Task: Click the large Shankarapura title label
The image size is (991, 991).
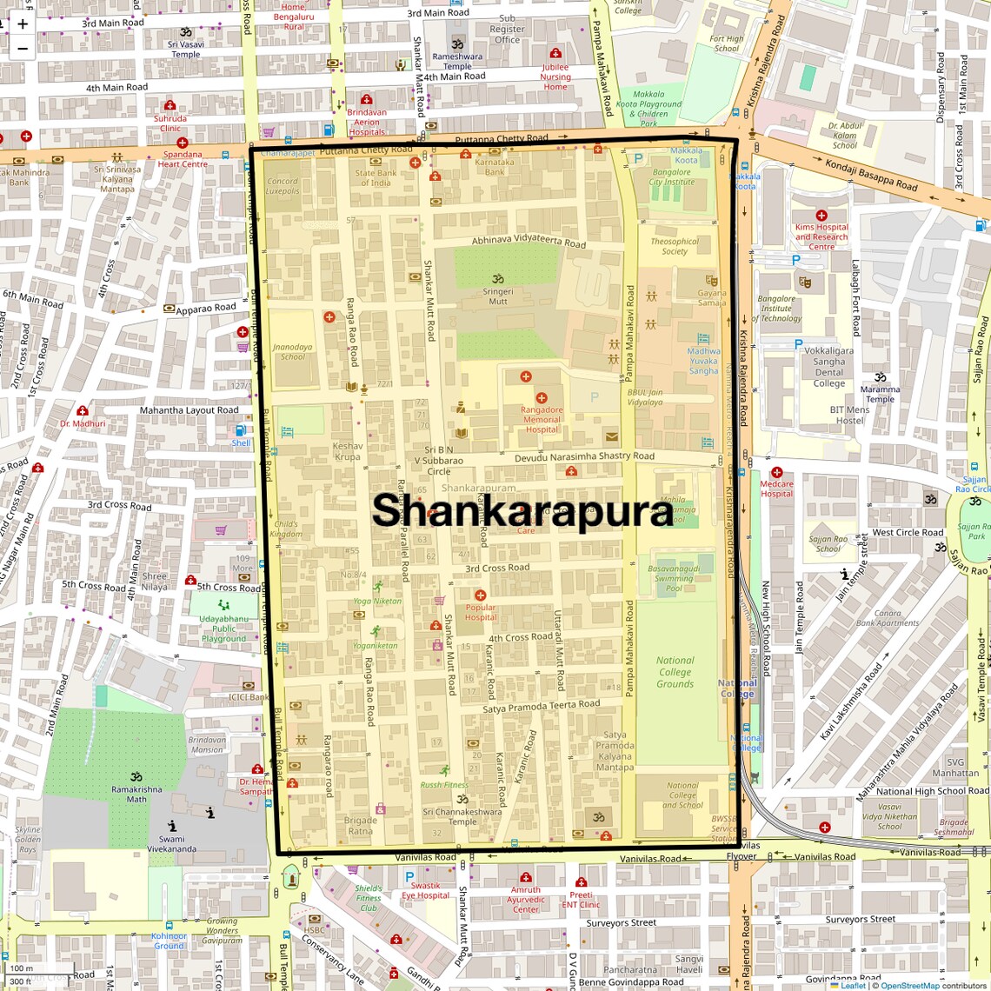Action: pos(522,510)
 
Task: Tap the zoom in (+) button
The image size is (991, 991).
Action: pos(23,24)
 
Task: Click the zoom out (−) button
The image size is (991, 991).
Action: pos(23,49)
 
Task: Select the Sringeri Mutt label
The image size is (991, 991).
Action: pos(498,296)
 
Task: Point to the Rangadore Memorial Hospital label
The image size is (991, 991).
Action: pos(542,419)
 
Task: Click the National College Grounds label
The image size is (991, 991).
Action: pos(675,672)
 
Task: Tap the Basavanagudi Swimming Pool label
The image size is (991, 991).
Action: pos(674,578)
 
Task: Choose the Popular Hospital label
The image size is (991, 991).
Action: pos(481,612)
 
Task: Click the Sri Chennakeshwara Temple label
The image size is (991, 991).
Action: pos(462,816)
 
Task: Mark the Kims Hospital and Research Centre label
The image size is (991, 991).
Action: pos(821,236)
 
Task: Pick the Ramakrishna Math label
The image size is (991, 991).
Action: pos(136,794)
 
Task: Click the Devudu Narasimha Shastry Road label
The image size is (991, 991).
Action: pos(584,456)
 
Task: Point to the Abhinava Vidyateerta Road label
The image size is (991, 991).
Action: pos(529,241)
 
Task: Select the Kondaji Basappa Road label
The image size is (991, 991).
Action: pos(871,174)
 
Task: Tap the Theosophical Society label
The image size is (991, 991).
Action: pos(675,246)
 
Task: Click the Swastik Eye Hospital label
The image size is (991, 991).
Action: pos(426,890)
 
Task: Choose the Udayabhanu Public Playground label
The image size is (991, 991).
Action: pos(223,629)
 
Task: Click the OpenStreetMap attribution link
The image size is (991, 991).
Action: pos(909,985)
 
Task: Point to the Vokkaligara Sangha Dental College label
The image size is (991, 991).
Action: pos(829,367)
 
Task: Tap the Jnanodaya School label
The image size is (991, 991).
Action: pos(293,351)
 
